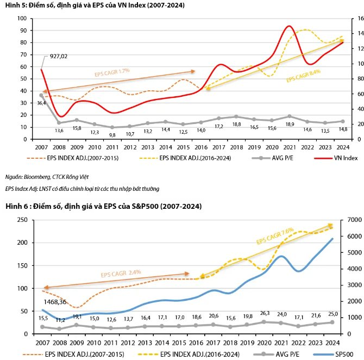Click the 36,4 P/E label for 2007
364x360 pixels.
pyautogui.click(x=41, y=103)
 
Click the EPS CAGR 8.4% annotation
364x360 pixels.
pyautogui.click(x=303, y=75)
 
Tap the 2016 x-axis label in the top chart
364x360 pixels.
pyautogui.click(x=200, y=147)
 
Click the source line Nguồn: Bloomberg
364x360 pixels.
pyautogui.click(x=47, y=177)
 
